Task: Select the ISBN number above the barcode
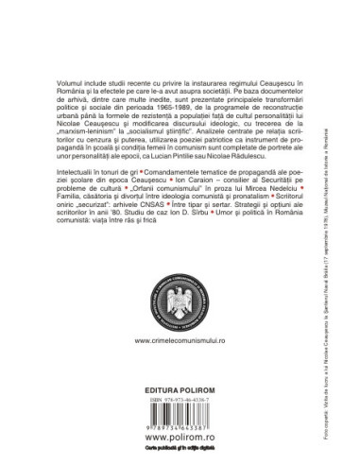[x=179, y=400]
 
